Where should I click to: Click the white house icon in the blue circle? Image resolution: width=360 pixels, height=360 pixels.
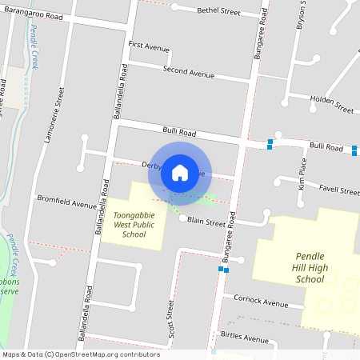pyautogui.click(x=180, y=171)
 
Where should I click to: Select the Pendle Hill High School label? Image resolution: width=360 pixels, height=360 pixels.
pyautogui.click(x=304, y=267)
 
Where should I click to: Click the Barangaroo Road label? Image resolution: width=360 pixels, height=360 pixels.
pyautogui.click(x=32, y=15)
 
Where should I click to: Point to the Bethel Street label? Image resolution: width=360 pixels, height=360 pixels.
pyautogui.click(x=219, y=12)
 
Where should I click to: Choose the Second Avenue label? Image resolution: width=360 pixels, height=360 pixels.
pyautogui.click(x=189, y=72)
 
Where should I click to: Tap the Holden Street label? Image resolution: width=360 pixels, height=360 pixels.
pyautogui.click(x=331, y=104)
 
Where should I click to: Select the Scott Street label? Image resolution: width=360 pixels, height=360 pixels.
pyautogui.click(x=170, y=318)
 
